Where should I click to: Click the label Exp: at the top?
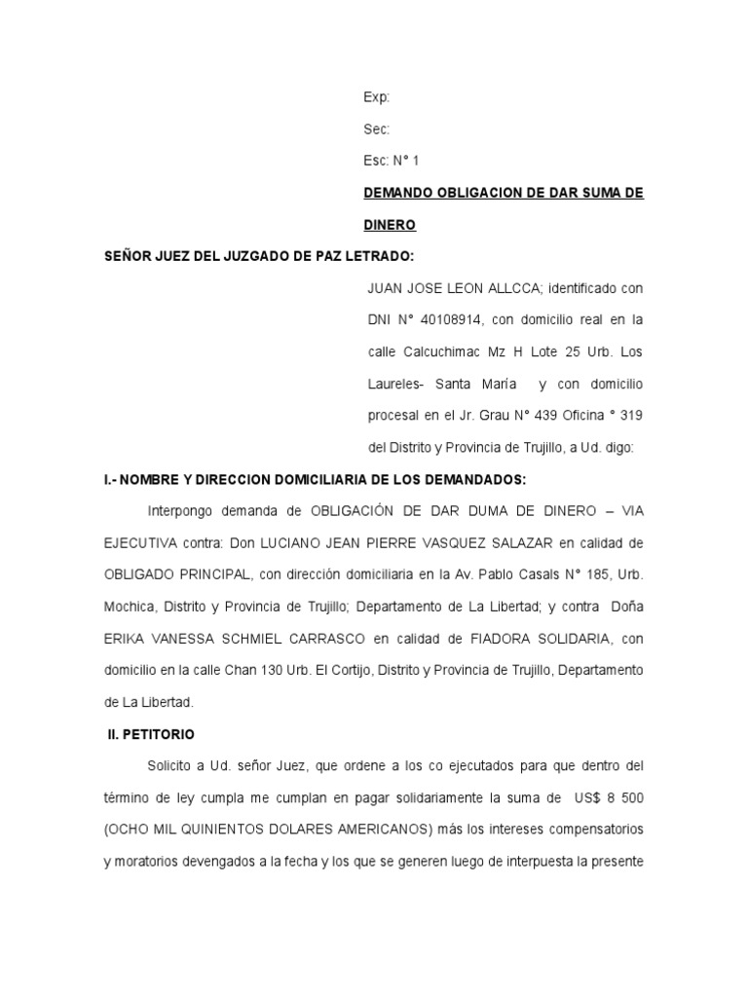coord(377,97)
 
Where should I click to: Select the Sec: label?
coord(377,129)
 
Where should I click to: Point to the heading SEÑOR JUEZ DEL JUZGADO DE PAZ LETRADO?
coord(259,256)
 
